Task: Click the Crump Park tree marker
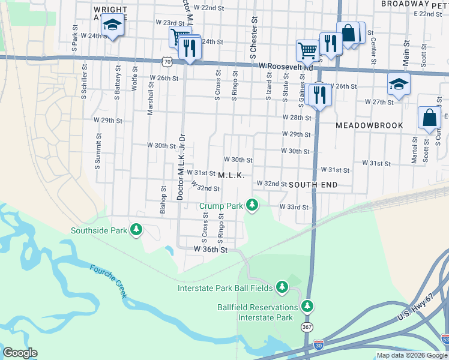pyautogui.click(x=253, y=205)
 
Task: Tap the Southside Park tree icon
pyautogui.click(x=137, y=230)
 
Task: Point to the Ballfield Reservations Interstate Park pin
pyautogui.click(x=307, y=306)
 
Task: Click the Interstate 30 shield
pyautogui.click(x=318, y=346)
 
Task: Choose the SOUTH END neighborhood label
pyautogui.click(x=313, y=185)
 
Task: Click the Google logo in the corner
pyautogui.click(x=20, y=353)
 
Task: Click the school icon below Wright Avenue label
pyautogui.click(x=112, y=25)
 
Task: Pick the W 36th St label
pyautogui.click(x=210, y=248)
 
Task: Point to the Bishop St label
pyautogui.click(x=163, y=196)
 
